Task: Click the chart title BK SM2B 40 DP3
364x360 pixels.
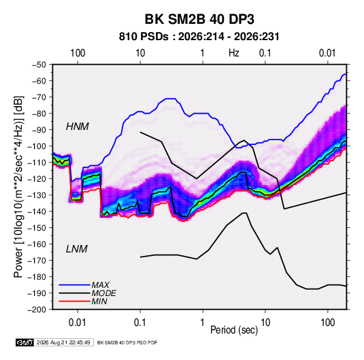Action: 199,19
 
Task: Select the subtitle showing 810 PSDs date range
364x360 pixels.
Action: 199,37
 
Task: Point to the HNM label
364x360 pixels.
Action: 78,127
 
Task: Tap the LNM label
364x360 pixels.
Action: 77,249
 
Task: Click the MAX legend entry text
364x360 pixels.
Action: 101,284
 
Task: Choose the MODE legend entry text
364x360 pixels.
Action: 104,293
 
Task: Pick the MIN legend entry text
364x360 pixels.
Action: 99,301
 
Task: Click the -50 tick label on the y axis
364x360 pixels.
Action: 39,65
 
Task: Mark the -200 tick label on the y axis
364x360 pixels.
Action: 37,310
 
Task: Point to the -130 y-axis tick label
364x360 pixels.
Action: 37,195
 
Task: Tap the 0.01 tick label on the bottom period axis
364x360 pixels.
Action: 78,323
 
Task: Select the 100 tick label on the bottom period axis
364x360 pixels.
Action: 327,323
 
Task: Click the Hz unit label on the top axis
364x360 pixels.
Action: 234,53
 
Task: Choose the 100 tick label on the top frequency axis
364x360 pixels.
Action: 78,53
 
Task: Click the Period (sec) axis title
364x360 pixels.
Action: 234,330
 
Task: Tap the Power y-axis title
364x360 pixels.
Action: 18,186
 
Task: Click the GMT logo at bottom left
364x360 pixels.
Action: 24,342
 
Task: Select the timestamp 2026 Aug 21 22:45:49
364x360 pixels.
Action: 63,342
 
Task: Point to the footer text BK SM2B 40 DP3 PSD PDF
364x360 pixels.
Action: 127,342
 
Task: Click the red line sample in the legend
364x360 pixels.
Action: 75,301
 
